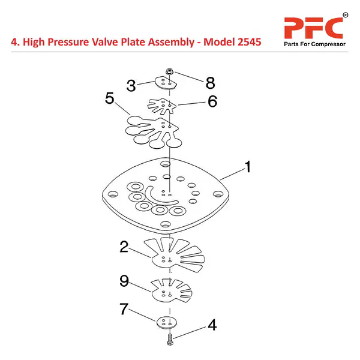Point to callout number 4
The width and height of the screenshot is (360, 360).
tap(211, 326)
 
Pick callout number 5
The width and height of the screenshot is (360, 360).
tap(109, 98)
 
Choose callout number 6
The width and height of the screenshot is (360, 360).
tap(211, 101)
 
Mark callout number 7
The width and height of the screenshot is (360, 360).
tap(124, 309)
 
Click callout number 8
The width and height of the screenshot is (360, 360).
tap(209, 82)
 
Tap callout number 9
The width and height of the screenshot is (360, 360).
tap(124, 280)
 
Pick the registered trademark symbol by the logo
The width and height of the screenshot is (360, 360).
tap(345, 14)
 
